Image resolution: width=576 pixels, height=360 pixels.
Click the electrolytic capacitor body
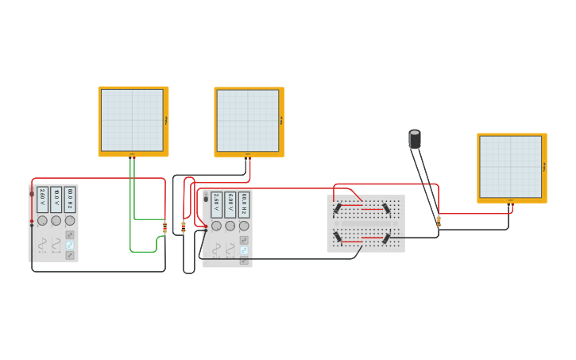coord(415,139)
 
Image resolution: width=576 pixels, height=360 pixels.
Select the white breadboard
coord(366,223)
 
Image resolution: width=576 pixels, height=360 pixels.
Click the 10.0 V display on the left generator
coord(56,199)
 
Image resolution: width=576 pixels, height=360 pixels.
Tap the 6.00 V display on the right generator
coord(230,204)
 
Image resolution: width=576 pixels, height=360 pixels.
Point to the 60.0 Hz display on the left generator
coord(70,199)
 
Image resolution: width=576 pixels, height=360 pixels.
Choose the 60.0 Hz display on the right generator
coord(244,204)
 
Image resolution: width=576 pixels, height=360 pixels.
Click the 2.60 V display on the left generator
coord(43,199)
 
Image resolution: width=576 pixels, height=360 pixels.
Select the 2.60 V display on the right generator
coord(217,204)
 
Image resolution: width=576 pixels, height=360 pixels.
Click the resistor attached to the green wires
coord(165,228)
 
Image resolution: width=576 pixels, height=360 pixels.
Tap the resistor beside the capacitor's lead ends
coord(439,222)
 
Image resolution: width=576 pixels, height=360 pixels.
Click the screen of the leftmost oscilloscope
coord(132,119)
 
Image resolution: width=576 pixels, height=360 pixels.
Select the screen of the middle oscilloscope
coord(248,120)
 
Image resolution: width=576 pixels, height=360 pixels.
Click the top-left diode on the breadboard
coord(338,208)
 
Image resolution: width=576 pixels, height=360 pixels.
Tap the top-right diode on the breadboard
coord(386,208)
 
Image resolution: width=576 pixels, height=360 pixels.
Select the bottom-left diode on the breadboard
coord(338,237)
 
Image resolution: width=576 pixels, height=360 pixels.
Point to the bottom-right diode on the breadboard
coord(386,238)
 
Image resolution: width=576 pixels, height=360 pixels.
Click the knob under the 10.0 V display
coord(56,220)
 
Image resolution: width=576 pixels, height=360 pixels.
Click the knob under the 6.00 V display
coord(230,226)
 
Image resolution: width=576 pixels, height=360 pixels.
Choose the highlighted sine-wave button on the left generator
coord(70,246)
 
